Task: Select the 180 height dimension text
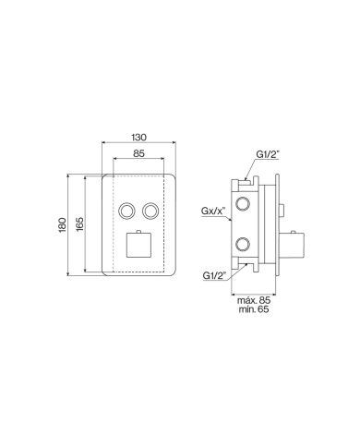(x=62, y=224)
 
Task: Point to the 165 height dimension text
(x=79, y=224)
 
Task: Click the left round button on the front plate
(x=125, y=211)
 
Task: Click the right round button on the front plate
(x=150, y=211)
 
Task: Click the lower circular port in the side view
(x=242, y=245)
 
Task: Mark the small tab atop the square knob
(x=137, y=228)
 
